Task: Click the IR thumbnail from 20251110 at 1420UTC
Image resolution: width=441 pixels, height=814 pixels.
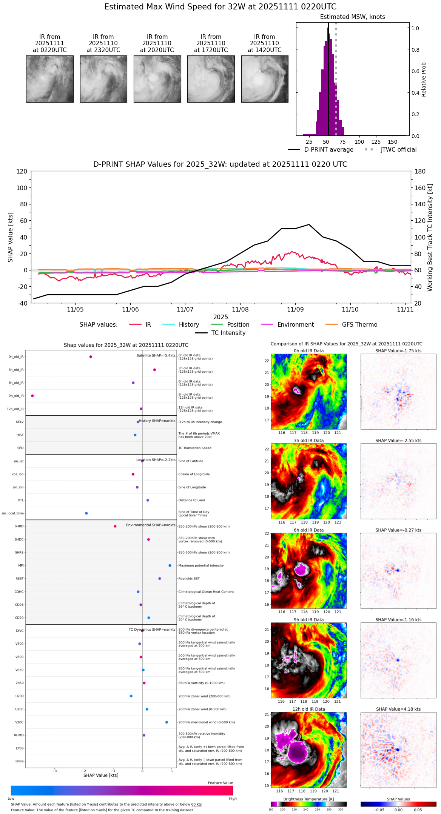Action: point(265,79)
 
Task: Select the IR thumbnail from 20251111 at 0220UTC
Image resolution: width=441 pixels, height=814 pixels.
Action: point(50,79)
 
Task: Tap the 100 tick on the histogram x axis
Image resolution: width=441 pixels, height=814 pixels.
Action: point(359,142)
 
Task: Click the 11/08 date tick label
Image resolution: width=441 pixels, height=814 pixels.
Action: point(240,309)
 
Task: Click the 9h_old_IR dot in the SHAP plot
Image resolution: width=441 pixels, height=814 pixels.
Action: point(32,396)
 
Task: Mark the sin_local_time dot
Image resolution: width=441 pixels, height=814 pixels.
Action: point(86,513)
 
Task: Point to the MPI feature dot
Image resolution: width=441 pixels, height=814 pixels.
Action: point(170,565)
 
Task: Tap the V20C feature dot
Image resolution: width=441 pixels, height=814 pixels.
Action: point(167,722)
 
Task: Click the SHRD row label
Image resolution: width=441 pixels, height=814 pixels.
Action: point(19,526)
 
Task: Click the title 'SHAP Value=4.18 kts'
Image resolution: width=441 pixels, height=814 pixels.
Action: point(398,709)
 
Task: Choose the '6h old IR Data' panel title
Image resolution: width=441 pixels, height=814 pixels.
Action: point(308,530)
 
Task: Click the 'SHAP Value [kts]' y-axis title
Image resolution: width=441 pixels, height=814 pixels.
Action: point(11,237)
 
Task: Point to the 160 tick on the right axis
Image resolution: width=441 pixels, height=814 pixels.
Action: point(420,187)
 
